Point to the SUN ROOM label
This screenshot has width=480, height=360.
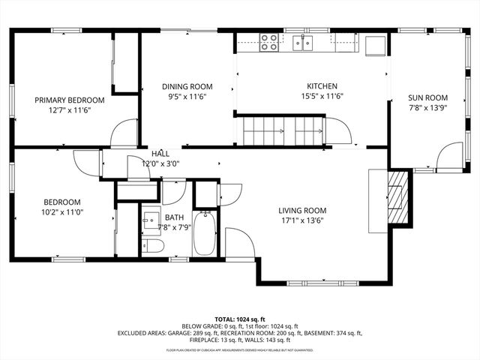427,97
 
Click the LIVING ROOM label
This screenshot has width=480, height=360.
302,211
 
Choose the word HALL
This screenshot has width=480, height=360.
160,153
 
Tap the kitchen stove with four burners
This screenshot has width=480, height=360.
268,42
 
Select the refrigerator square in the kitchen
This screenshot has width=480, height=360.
375,45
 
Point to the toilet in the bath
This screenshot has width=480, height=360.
153,246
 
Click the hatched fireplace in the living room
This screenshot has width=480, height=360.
397,197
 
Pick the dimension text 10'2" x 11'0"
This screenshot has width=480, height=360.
61,213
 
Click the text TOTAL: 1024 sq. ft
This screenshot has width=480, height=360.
240,319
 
